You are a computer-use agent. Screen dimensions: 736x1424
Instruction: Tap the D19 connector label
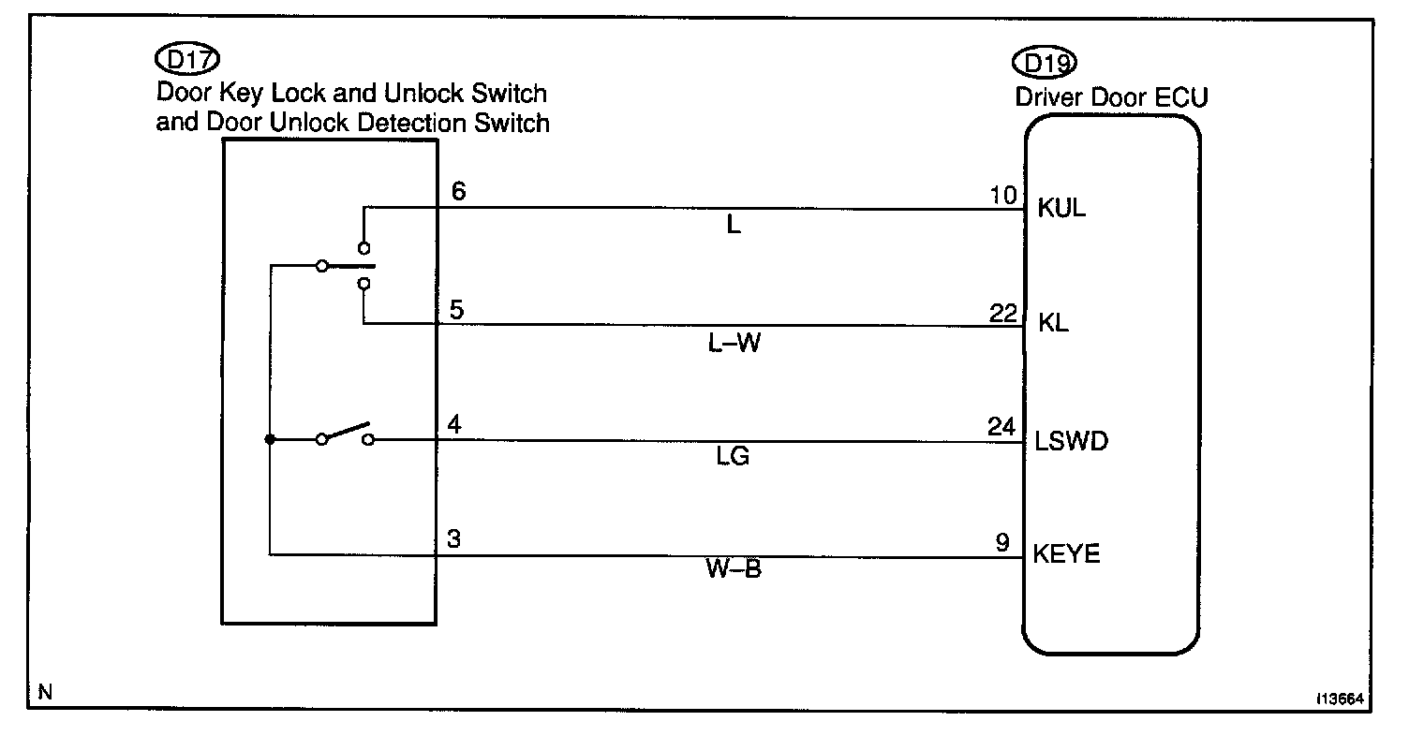click(1045, 63)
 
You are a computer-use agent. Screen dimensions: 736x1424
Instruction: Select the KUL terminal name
click(1061, 208)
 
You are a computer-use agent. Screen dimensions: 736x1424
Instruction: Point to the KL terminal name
click(1053, 324)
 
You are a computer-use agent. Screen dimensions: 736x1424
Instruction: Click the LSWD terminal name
click(1071, 440)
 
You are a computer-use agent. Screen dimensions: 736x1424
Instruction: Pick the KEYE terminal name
click(1066, 554)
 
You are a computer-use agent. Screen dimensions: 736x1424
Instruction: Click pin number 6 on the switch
click(458, 192)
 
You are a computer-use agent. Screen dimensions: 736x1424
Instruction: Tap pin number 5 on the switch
click(455, 310)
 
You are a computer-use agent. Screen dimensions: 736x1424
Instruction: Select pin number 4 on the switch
click(454, 426)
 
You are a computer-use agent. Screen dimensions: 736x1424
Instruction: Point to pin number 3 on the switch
click(454, 541)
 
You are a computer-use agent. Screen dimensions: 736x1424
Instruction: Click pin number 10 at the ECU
click(1002, 196)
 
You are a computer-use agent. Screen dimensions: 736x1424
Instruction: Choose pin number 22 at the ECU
click(1002, 312)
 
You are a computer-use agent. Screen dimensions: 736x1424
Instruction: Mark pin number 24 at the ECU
click(1001, 428)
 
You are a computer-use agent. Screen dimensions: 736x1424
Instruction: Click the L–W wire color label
click(734, 344)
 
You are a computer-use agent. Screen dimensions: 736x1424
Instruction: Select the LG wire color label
click(734, 458)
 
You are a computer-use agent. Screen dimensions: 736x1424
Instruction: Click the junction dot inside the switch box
click(270, 439)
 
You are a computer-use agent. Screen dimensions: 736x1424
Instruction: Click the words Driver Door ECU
click(1111, 97)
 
